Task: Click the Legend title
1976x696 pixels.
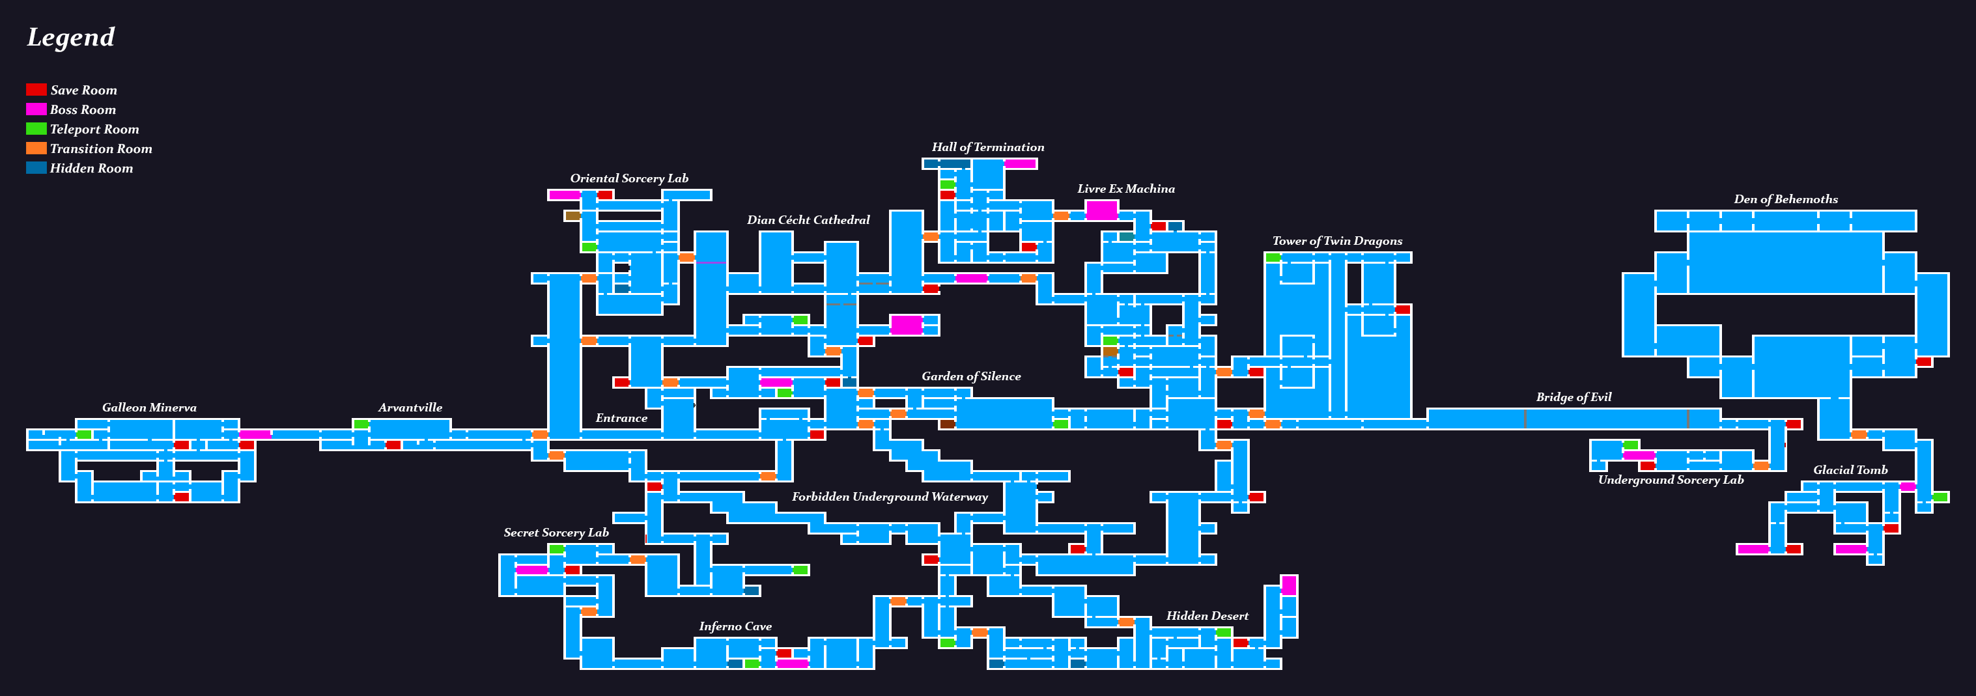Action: [70, 37]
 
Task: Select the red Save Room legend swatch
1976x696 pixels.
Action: [36, 90]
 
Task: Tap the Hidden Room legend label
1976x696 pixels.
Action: [91, 169]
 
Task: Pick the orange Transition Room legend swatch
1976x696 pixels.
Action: [36, 148]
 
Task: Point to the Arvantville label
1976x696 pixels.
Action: [410, 408]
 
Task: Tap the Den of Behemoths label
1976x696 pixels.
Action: [1785, 199]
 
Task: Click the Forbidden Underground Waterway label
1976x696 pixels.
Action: [889, 497]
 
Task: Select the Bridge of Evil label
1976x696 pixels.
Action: [1574, 397]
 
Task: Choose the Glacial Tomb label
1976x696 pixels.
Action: [1850, 470]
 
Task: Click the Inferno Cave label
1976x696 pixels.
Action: [735, 626]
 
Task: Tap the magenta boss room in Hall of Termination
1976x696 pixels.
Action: [1020, 163]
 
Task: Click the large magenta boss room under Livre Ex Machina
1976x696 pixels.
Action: [1101, 210]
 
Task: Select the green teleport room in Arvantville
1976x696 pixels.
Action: [361, 424]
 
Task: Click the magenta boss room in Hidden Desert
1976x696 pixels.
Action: [1289, 585]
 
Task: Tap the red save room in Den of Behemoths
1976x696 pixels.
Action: [1923, 362]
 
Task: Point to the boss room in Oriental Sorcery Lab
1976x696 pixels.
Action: [564, 195]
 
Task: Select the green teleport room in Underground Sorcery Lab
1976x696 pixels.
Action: [1630, 445]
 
